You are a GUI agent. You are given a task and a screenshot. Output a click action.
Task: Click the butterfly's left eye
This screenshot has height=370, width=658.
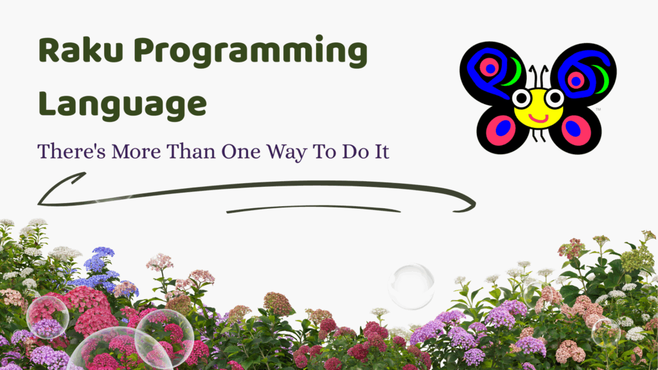pyautogui.click(x=522, y=98)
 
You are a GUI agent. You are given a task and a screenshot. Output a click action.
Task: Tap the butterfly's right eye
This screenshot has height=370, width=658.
pyautogui.click(x=555, y=98)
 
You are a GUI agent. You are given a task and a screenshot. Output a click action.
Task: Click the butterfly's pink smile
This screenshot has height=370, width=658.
pyautogui.click(x=538, y=118)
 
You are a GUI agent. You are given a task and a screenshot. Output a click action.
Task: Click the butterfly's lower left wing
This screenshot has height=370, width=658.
pyautogui.click(x=501, y=130)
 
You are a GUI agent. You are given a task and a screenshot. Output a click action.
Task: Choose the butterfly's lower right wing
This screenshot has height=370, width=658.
pyautogui.click(x=576, y=130)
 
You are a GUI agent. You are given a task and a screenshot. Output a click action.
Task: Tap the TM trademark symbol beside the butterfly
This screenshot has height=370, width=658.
pyautogui.click(x=598, y=109)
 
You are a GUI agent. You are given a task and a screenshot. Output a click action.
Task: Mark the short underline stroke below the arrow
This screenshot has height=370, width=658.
pyautogui.click(x=313, y=209)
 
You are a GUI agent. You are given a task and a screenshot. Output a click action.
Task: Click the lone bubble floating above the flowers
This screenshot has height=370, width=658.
pyautogui.click(x=411, y=286)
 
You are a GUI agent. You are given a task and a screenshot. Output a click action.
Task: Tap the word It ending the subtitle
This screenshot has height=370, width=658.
pyautogui.click(x=379, y=152)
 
